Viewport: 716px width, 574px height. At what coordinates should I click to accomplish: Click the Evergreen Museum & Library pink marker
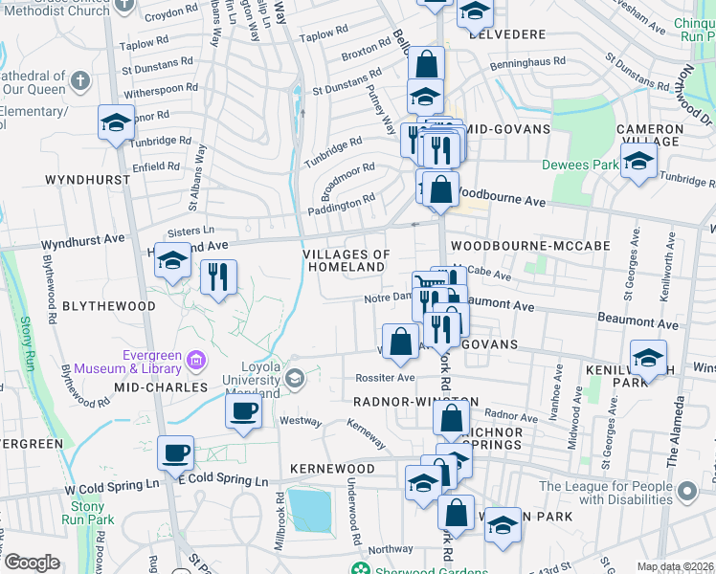(196, 361)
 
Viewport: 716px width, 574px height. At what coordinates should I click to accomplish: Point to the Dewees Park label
(580, 165)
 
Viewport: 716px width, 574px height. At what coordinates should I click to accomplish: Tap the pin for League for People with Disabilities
(686, 493)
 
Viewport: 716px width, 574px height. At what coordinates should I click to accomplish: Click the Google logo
(32, 563)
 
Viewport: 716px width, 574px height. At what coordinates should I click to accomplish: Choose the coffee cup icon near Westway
(243, 412)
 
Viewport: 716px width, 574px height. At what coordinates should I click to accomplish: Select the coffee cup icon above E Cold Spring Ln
(175, 453)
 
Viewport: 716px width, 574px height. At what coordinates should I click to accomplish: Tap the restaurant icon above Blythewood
(219, 277)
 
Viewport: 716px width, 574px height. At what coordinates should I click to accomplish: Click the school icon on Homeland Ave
(172, 260)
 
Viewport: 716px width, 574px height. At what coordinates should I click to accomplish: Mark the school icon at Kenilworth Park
(649, 358)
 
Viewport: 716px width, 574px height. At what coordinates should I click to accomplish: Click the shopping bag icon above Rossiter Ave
(400, 341)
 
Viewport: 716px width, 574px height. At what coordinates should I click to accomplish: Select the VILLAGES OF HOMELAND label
(347, 260)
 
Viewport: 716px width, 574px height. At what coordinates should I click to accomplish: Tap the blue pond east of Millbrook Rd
(308, 512)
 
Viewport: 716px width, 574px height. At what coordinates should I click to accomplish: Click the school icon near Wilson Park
(503, 524)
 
